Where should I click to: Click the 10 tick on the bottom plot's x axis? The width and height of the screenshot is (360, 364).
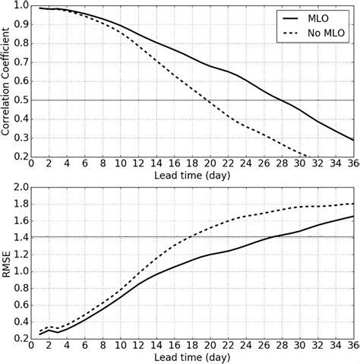(x=121, y=345)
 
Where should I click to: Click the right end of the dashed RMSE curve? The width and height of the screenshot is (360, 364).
(x=353, y=203)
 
